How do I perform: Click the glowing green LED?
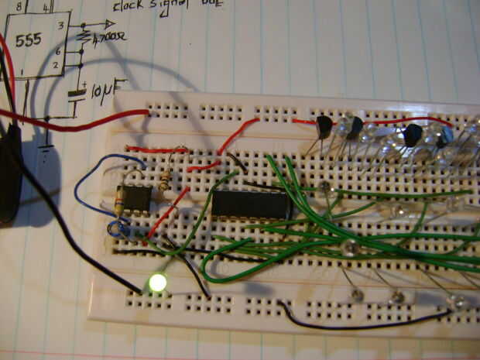coord(159,283)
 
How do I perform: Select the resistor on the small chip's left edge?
coord(118,203)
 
